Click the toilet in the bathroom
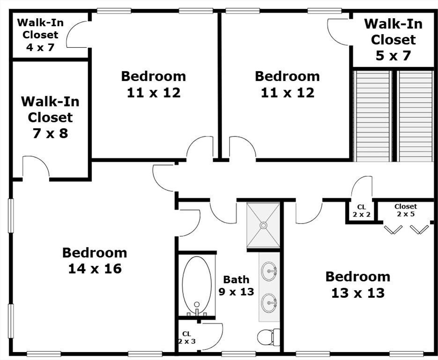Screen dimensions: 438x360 [x=268, y=337]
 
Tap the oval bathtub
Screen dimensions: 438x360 [x=197, y=285]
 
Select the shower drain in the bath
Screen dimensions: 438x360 [x=263, y=225]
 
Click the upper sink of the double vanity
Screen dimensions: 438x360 [x=269, y=271]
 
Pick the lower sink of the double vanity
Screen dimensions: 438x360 [x=269, y=303]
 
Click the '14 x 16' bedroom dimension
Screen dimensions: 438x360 [x=95, y=269]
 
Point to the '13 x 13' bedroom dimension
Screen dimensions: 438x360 [x=358, y=293]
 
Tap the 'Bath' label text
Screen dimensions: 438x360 [x=236, y=279]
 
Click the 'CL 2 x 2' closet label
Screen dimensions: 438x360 [x=362, y=211]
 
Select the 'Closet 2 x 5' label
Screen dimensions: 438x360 [x=406, y=210]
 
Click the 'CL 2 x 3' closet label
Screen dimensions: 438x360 [x=186, y=337]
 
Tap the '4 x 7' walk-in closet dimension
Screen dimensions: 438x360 [x=40, y=47]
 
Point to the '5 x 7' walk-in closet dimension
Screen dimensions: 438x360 [x=393, y=56]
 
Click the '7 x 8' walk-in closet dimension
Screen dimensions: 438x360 [x=50, y=133]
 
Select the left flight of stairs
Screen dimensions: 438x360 [x=372, y=116]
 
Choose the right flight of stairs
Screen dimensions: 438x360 [x=416, y=116]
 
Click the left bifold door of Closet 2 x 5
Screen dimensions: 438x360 [x=393, y=229]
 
